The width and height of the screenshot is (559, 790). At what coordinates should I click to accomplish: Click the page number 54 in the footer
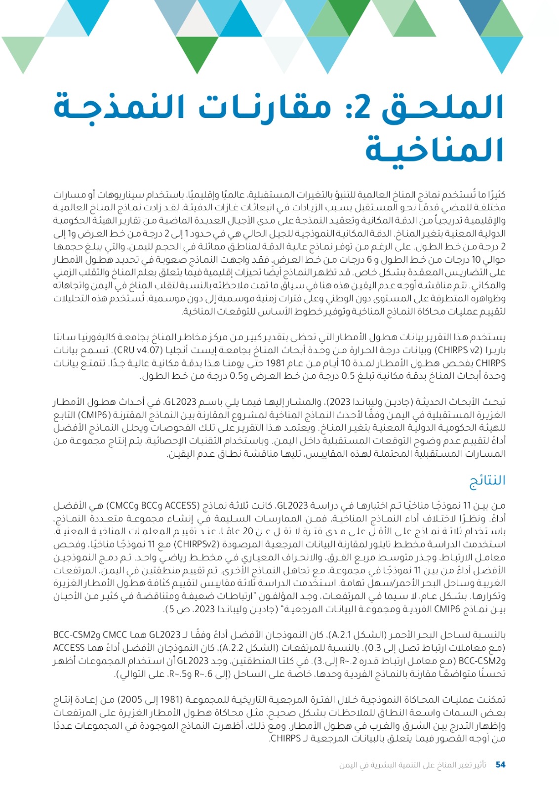(x=500, y=765)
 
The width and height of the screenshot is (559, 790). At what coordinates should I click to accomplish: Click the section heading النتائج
(x=487, y=480)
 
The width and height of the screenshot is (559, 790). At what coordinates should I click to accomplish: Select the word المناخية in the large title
(x=435, y=150)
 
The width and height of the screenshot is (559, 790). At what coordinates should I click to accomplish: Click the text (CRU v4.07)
(x=140, y=350)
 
